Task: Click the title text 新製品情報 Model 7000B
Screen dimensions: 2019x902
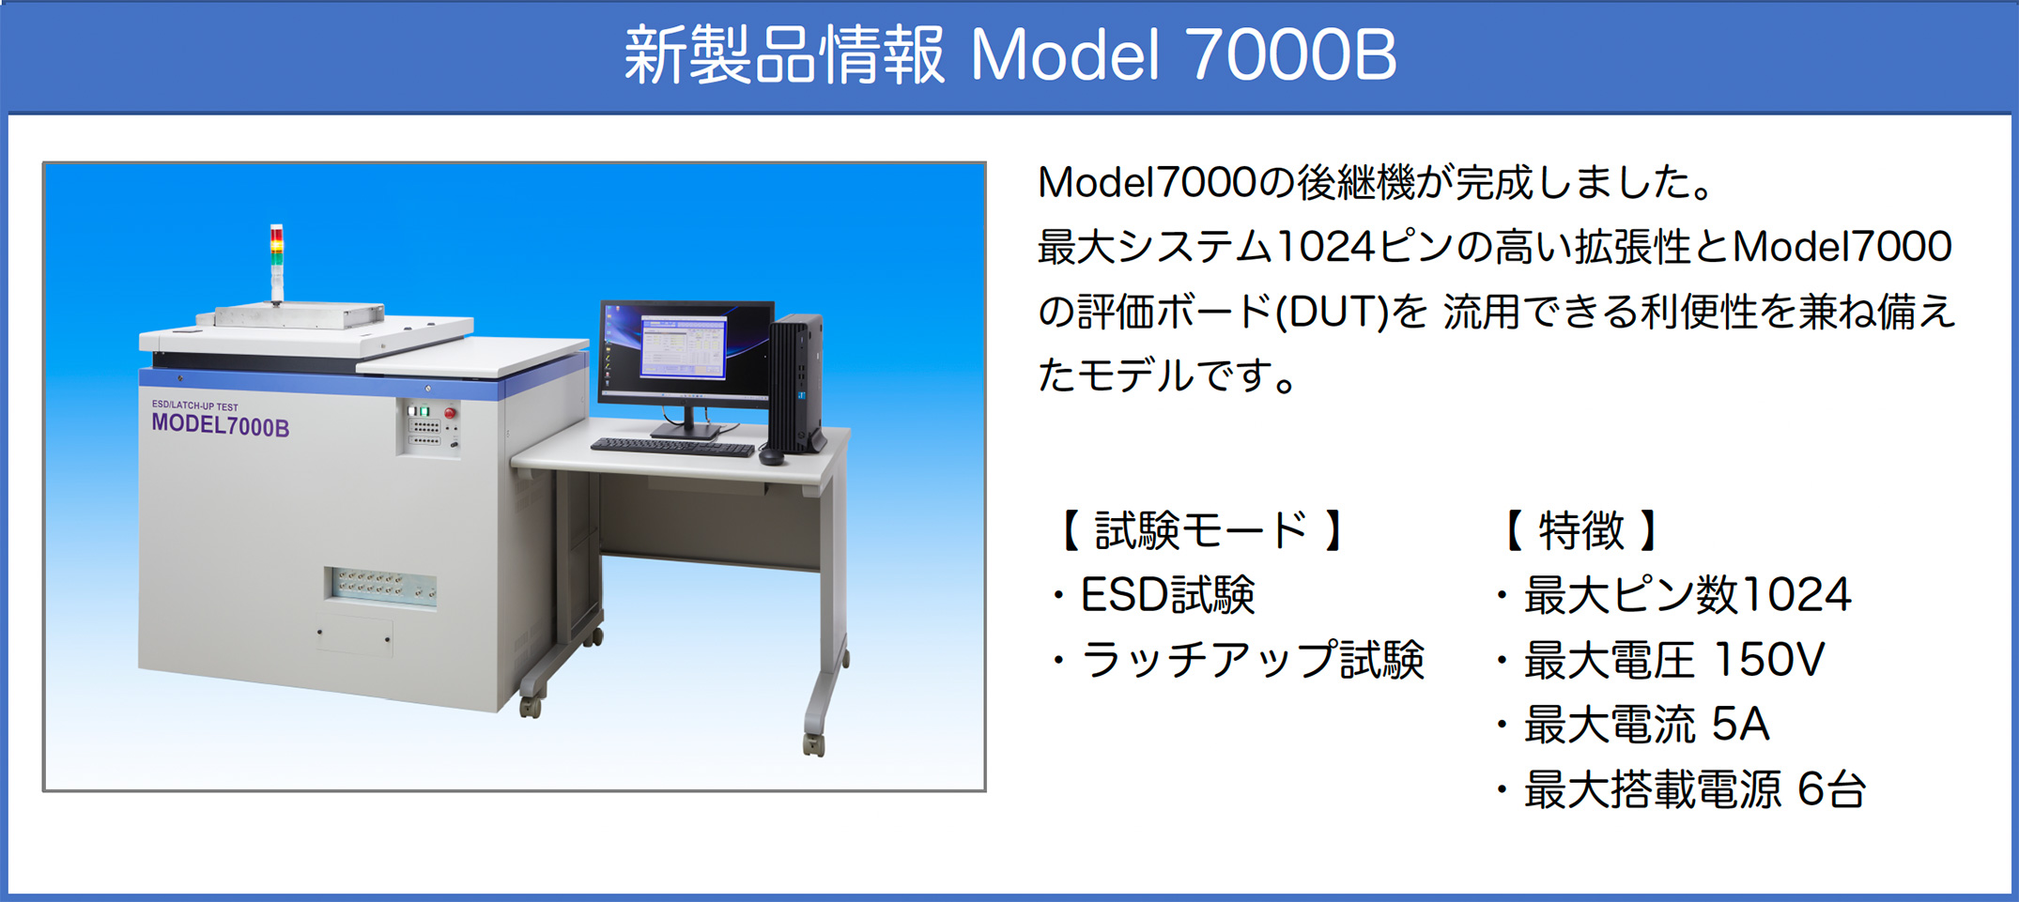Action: [1010, 55]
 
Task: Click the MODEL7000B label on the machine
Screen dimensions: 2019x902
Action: [221, 426]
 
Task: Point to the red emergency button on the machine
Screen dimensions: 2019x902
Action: [451, 412]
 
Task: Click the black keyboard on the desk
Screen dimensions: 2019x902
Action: [672, 448]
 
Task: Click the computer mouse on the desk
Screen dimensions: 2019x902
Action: [771, 457]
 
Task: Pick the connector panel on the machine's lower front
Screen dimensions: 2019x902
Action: [381, 587]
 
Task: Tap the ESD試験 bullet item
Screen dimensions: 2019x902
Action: [1156, 595]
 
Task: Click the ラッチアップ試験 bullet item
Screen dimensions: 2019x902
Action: [1241, 660]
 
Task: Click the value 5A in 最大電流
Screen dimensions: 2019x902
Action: [1740, 725]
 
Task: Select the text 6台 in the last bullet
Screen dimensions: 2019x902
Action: [1831, 789]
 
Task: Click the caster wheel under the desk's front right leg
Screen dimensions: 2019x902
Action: [813, 744]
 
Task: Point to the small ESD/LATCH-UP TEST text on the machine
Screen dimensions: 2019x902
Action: [195, 405]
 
